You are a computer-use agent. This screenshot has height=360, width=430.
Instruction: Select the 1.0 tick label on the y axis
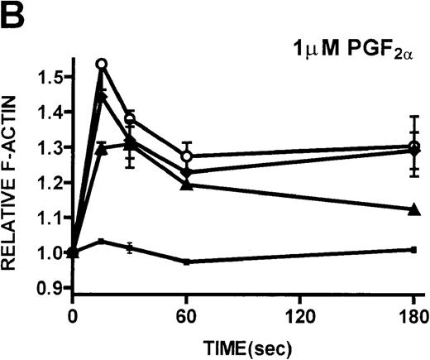click(x=47, y=252)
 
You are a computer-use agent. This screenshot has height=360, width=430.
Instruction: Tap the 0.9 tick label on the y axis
click(x=47, y=288)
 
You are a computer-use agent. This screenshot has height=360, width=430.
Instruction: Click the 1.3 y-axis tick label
click(x=47, y=147)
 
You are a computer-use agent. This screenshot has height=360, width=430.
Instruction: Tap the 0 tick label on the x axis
click(x=73, y=317)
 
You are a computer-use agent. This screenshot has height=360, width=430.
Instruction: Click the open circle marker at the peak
click(x=102, y=64)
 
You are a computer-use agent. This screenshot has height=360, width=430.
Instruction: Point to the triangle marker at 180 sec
click(x=412, y=209)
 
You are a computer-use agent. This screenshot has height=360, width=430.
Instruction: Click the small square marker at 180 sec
click(x=412, y=249)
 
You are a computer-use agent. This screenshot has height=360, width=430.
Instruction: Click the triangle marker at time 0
click(x=74, y=252)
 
